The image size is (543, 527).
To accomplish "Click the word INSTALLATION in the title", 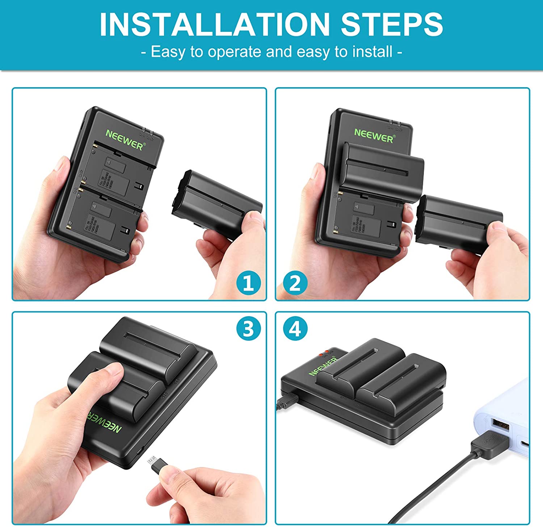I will pos(214,25).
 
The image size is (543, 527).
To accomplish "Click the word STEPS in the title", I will pos(392,25).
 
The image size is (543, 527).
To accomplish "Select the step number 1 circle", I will pos(248,283).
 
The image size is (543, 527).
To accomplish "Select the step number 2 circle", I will pos(295,283).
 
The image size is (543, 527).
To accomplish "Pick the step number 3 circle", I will pos(248,329).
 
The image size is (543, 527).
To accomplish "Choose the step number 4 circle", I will pos(295,329).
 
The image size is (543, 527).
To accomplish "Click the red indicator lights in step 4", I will pos(323,353).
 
